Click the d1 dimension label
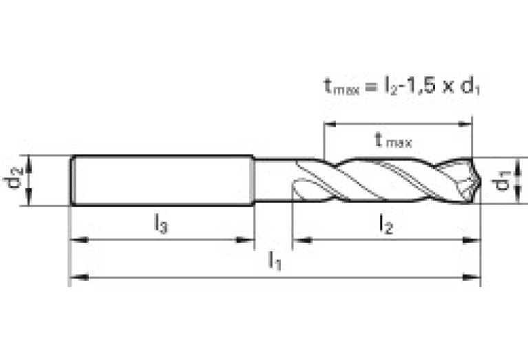point(505,181)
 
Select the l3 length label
point(160,223)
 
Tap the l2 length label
point(386,224)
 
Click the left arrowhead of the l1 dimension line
point(74,277)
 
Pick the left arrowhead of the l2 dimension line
point(298,240)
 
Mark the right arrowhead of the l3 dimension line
point(249,240)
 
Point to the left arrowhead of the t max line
point(329,125)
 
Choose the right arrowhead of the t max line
point(467,125)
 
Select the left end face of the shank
point(72,180)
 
